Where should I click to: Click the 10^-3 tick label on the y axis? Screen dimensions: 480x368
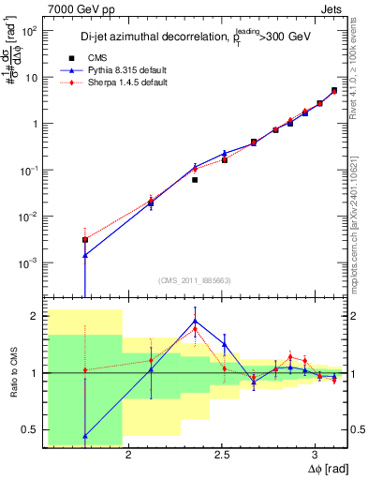coord(30,262)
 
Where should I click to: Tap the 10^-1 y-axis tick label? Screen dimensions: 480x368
coord(30,170)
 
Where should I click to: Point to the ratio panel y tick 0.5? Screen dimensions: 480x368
coord(31,429)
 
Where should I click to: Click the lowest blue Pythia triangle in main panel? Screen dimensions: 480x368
coord(85,255)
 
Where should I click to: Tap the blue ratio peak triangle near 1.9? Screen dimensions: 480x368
coord(195,321)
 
